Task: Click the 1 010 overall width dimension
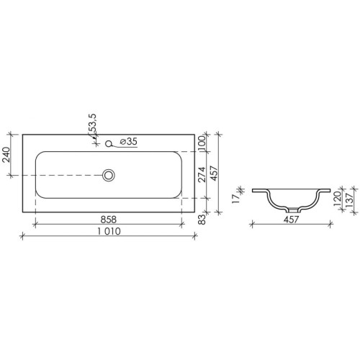point(109,231)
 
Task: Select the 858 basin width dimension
point(109,220)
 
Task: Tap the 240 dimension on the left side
point(6,155)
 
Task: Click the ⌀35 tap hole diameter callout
point(128,142)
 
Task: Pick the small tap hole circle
point(109,143)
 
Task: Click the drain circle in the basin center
point(109,175)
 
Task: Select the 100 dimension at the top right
point(202,143)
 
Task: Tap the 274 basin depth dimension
point(202,174)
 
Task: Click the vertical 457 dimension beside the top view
point(214,173)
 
